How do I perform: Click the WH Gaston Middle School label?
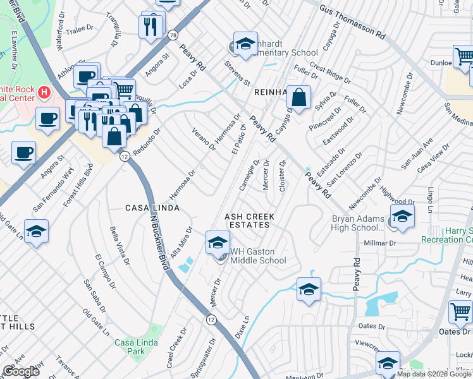pyautogui.click(x=257, y=255)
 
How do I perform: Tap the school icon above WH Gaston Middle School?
pyautogui.click(x=217, y=242)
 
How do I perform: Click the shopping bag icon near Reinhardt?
pyautogui.click(x=299, y=97)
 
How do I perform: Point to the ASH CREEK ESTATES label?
pyautogui.click(x=247, y=220)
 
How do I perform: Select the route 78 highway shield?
pyautogui.click(x=172, y=37)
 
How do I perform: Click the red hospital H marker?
pyautogui.click(x=44, y=92)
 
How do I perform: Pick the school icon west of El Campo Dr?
pyautogui.click(x=36, y=231)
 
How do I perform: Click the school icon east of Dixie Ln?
pyautogui.click(x=308, y=289)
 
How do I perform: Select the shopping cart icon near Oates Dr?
pyautogui.click(x=460, y=311)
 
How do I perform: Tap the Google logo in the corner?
pyautogui.click(x=21, y=371)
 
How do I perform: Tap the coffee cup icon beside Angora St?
pyautogui.click(x=24, y=153)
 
